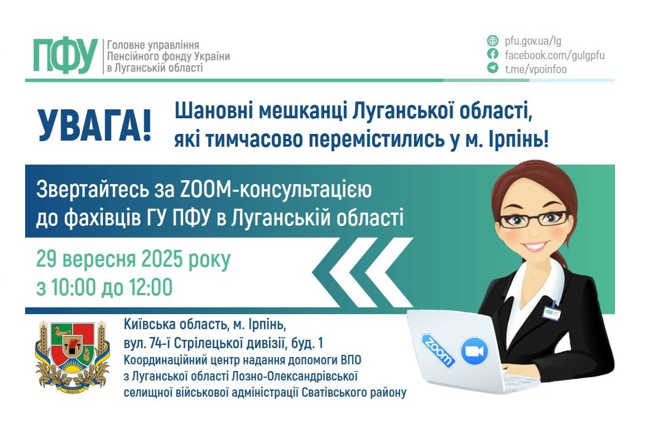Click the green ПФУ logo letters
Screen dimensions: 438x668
click(x=65, y=56)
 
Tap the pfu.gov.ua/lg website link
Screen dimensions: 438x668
click(x=532, y=41)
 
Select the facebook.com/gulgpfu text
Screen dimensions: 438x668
click(x=554, y=55)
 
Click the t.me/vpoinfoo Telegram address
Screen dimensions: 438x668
click(x=535, y=69)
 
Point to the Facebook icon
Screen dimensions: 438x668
click(x=492, y=55)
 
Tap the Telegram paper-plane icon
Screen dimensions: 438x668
click(x=492, y=68)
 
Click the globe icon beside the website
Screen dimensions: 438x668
click(x=492, y=41)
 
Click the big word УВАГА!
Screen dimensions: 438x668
click(x=94, y=126)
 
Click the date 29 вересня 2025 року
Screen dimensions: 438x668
click(x=133, y=261)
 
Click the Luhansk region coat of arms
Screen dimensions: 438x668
click(x=70, y=354)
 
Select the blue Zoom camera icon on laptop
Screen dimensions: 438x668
click(x=474, y=352)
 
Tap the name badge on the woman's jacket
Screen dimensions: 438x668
click(x=552, y=311)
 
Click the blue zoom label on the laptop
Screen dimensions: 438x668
click(x=438, y=350)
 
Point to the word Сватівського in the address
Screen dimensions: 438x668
click(x=330, y=393)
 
